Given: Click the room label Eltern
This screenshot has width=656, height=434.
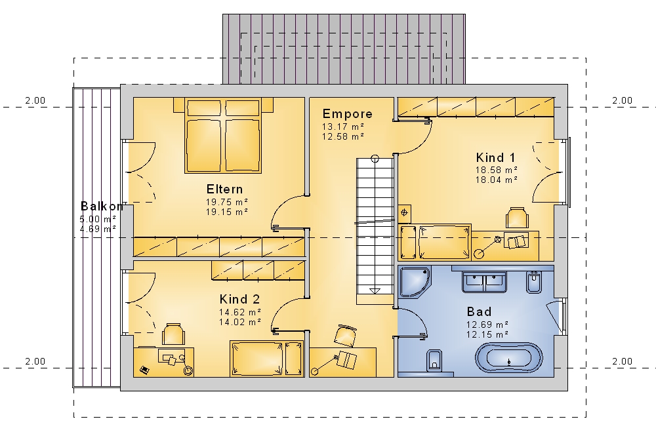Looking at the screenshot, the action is pos(224,189).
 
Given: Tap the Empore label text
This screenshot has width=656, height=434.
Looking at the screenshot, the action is pos(347,113).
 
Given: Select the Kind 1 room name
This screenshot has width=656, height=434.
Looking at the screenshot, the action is pos(496,157).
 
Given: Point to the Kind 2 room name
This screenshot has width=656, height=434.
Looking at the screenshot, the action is pos(239,299).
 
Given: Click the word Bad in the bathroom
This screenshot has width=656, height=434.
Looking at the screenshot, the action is pos(479,311).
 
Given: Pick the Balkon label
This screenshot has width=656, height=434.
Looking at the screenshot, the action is pos(102,206).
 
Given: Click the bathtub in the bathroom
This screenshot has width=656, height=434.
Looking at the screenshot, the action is pos(509,358).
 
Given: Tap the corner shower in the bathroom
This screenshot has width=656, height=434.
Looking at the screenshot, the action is pos(415,282).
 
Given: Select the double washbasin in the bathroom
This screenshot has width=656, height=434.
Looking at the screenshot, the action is pos(484,281).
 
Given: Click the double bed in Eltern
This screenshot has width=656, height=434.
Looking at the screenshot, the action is pos(223,136).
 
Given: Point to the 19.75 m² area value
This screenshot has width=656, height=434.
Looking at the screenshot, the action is pos(227,202).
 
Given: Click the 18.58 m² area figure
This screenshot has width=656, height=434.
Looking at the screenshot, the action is pos(496,170).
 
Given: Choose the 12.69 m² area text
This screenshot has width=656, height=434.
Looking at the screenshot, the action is pos(487,325).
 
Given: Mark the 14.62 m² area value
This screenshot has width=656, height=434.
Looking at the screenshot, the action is pos(240,312).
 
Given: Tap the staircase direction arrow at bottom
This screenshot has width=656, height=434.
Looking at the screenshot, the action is pos(375,291).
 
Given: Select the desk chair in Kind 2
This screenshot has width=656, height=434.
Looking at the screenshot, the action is pos(174,334).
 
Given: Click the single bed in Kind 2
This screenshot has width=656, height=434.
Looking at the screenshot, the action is pos(266,359).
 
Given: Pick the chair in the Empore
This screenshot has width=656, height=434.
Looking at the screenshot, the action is pos(346,335).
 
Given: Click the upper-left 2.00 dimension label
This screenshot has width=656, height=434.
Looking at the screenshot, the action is pos(35,100).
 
